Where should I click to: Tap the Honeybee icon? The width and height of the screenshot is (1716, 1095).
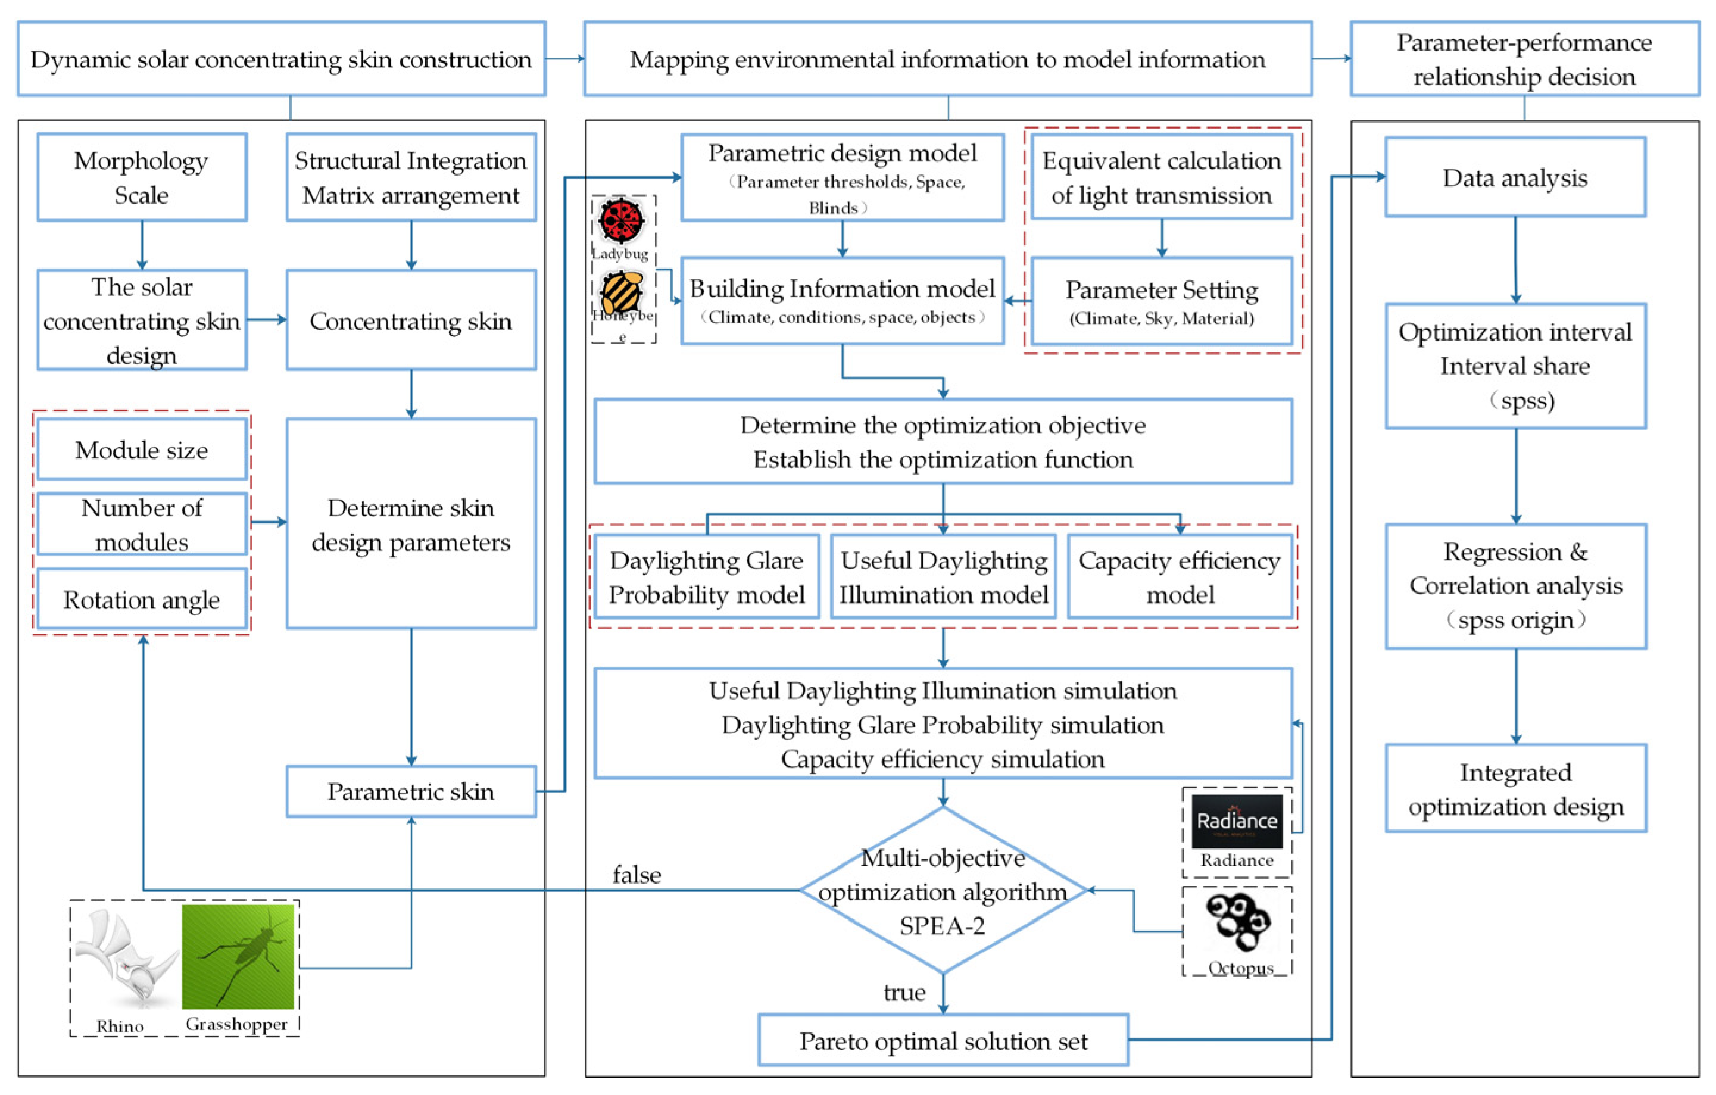tap(622, 291)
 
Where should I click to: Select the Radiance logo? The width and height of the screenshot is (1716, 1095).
tap(1237, 822)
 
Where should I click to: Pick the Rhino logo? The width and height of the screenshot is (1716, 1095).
tap(126, 959)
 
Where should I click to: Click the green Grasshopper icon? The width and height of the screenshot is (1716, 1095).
tap(238, 956)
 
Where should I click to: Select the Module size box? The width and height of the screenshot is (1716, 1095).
tap(142, 450)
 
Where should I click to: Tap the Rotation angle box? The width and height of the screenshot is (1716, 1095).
tap(142, 599)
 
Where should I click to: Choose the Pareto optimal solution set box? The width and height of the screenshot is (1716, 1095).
tap(943, 1041)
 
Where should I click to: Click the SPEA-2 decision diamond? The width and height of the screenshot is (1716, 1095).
tap(943, 891)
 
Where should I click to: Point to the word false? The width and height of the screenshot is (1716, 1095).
tap(637, 874)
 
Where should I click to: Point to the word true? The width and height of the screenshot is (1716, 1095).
tap(904, 993)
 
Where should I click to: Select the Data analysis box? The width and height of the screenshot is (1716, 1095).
tap(1515, 177)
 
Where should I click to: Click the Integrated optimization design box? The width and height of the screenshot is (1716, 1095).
tap(1515, 789)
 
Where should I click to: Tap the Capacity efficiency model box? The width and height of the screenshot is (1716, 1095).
tap(1180, 577)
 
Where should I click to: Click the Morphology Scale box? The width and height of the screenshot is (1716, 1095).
tap(142, 177)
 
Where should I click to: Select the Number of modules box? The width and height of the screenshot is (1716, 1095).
tap(142, 525)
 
